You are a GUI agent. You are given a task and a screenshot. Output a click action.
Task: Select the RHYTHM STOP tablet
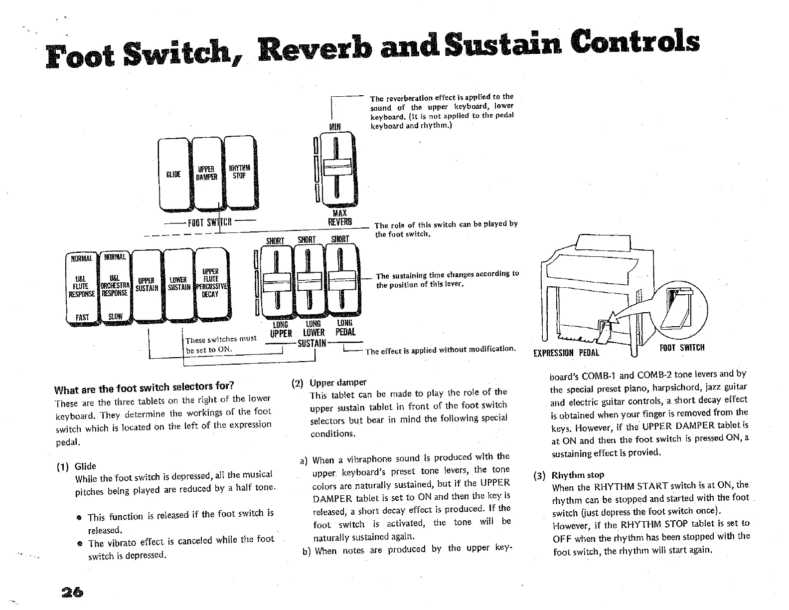coord(240,174)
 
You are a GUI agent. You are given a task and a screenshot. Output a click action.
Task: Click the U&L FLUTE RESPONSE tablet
coord(83,287)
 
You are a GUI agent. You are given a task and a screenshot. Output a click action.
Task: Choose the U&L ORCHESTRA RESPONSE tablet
coord(115,287)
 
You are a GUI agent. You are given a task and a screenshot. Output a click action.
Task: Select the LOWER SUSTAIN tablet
coord(178,284)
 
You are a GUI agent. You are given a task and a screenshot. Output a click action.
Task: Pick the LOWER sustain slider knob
coord(310,282)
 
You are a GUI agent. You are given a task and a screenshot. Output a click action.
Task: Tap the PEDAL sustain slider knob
coord(342,282)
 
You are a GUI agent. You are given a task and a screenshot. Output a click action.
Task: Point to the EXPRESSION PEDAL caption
coord(566,353)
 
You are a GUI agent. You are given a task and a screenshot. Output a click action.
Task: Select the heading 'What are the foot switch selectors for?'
coord(144,388)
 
